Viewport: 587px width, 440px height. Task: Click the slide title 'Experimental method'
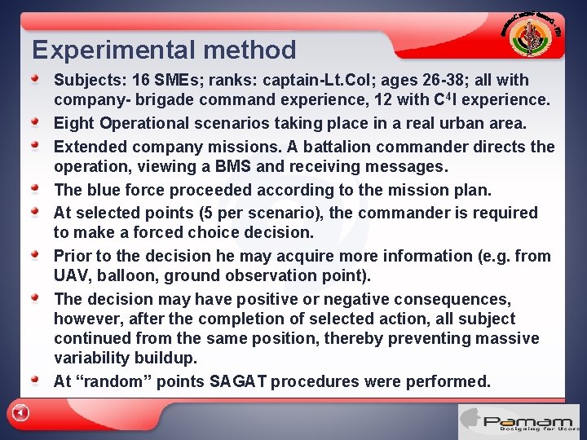[164, 51]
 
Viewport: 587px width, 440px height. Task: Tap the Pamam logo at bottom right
[519, 422]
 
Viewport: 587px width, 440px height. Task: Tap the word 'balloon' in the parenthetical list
[135, 276]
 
